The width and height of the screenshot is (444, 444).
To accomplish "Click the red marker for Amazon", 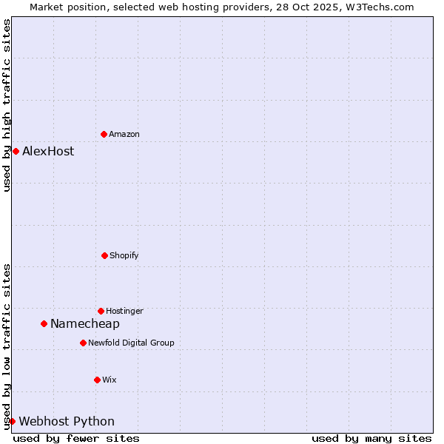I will click(x=104, y=134).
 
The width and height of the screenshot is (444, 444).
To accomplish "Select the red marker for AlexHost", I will click(x=16, y=151).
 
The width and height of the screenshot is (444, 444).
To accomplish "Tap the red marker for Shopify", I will click(x=104, y=255).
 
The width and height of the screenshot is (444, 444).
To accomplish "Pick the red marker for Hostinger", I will click(x=101, y=311).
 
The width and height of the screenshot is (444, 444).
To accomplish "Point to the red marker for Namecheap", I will click(x=44, y=323).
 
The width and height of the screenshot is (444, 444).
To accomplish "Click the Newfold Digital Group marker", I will click(x=83, y=343).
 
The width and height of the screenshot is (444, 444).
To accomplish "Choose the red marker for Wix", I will click(x=97, y=380).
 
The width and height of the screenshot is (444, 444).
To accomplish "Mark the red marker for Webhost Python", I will click(x=12, y=421).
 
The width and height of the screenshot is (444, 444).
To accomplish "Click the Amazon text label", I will click(x=124, y=134).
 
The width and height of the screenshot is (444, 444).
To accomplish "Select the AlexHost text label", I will click(x=48, y=151).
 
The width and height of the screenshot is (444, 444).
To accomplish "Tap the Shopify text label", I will click(x=124, y=255).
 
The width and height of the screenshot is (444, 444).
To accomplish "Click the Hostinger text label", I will click(x=124, y=311).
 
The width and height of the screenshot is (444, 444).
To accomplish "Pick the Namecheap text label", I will click(x=85, y=323).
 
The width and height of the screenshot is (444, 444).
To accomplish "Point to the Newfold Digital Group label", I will click(x=131, y=343).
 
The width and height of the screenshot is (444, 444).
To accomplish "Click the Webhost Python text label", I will click(x=67, y=421).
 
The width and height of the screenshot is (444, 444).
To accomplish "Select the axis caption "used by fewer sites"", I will click(x=76, y=438).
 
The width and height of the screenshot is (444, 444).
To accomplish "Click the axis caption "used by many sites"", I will click(x=371, y=438).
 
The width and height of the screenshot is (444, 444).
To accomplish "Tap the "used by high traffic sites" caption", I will click(x=7, y=105).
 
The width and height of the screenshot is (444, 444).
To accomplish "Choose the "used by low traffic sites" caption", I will click(x=7, y=346).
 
